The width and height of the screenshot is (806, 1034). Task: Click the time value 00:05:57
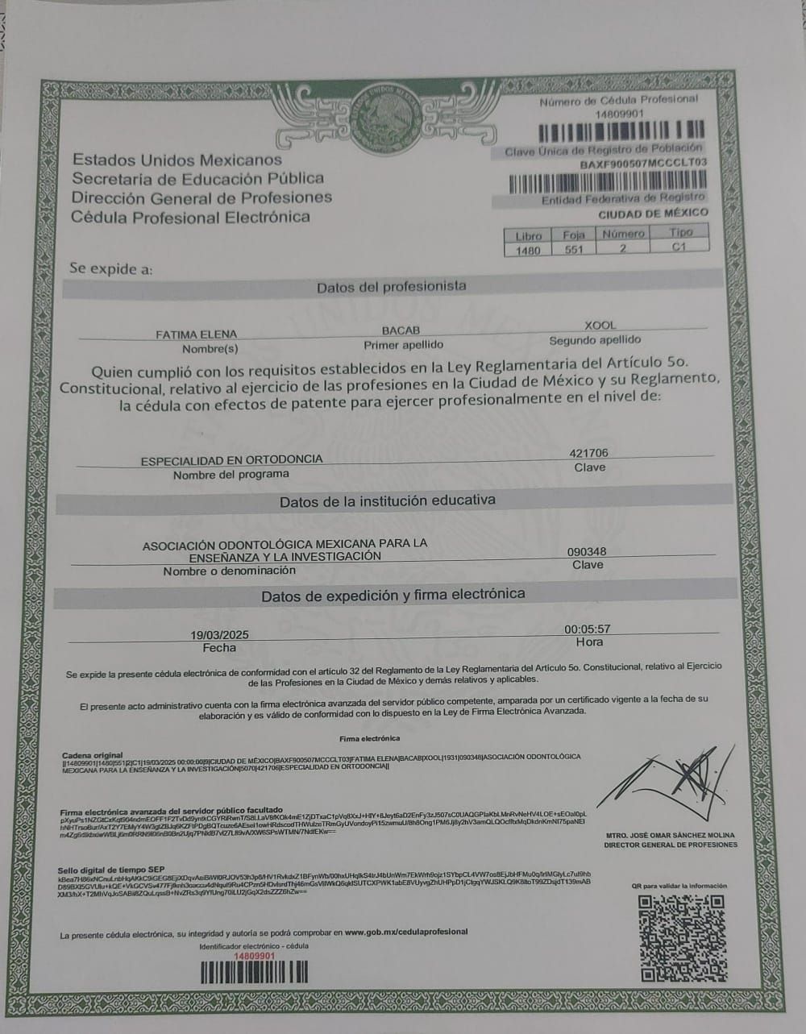[x=588, y=629]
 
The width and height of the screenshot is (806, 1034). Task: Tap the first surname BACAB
[x=401, y=330]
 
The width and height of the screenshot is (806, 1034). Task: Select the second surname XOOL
[x=600, y=326]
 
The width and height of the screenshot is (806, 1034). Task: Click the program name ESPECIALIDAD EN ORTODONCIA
[x=231, y=459]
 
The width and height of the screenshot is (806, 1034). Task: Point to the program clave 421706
[x=589, y=454]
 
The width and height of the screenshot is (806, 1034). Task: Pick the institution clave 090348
[x=587, y=552]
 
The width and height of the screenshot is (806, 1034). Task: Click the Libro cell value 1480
[x=528, y=251]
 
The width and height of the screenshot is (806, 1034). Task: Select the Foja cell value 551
[x=573, y=250]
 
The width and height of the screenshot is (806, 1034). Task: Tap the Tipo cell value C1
[x=679, y=247]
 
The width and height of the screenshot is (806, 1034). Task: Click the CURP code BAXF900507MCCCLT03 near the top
[x=643, y=163]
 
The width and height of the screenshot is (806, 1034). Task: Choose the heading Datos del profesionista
[x=391, y=286]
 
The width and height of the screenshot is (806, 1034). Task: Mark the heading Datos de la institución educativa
[x=387, y=501]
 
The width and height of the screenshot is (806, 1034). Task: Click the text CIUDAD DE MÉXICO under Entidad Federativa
[x=653, y=214]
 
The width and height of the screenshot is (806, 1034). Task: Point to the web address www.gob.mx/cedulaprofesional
[x=406, y=932]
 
